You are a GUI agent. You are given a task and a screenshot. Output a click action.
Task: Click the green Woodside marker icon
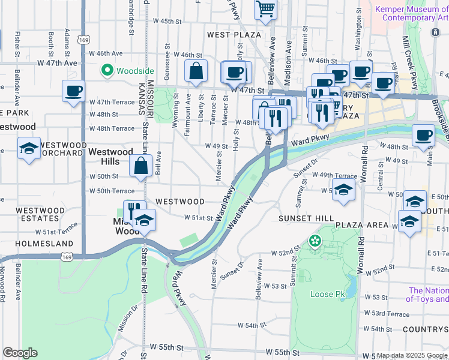[108, 71]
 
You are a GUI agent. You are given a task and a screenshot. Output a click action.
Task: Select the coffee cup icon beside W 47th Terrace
[74, 92]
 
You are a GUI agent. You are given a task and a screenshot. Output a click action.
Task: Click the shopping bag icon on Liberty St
[196, 71]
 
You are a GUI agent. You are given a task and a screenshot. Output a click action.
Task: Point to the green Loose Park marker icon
[314, 241]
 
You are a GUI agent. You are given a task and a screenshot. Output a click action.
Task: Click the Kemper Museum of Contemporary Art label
[411, 13]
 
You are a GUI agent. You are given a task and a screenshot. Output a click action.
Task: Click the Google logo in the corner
[19, 353]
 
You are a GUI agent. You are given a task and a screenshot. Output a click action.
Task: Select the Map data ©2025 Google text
[412, 355]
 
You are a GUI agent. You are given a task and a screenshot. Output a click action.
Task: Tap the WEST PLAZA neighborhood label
[234, 35]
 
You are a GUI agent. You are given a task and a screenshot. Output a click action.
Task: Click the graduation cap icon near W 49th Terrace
[343, 190]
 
